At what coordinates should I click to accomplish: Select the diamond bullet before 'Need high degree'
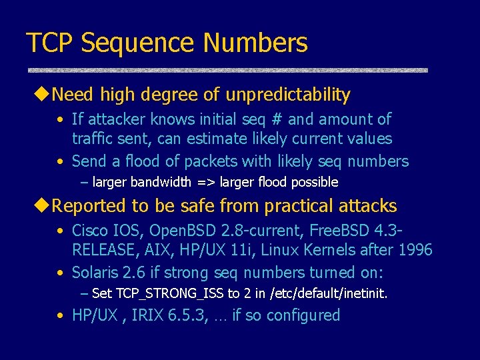[x=43, y=95]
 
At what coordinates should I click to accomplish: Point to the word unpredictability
[x=288, y=95]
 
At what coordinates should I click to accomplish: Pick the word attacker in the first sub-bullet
[x=115, y=119]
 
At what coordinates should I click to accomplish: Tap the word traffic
[x=93, y=139]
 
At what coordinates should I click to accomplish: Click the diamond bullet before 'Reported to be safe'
[x=43, y=206]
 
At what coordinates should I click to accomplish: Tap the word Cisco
[x=91, y=231]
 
